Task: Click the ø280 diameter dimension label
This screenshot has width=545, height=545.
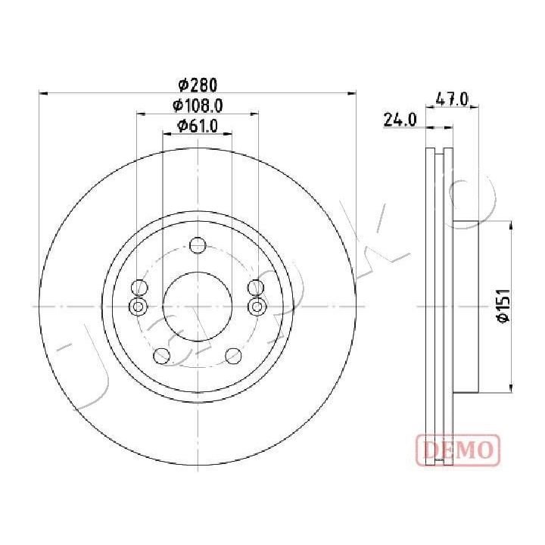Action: tap(198, 85)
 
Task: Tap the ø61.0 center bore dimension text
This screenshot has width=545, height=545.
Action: tap(198, 126)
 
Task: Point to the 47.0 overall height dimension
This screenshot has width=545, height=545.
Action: tap(452, 100)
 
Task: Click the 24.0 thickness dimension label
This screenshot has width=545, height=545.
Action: tap(400, 120)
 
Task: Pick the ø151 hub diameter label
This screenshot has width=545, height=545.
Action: tap(503, 305)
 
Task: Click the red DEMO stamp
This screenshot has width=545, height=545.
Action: tap(458, 450)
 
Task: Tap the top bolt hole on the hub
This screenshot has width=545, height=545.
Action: tap(198, 245)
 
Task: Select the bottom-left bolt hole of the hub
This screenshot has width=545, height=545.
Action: tap(162, 356)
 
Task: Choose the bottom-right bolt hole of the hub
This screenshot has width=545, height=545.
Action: tap(233, 356)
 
